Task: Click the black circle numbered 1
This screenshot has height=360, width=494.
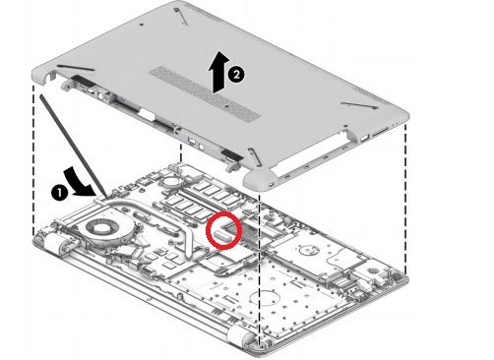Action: coord(59,193)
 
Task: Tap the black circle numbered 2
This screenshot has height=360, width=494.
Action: coord(236,75)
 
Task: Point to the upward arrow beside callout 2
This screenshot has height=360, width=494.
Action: coord(219,73)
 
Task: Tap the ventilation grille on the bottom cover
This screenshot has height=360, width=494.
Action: coord(205,91)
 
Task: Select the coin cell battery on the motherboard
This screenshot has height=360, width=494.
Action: coord(171,180)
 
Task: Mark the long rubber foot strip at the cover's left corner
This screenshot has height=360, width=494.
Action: coord(75,68)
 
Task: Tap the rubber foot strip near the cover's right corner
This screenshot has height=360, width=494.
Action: coord(357,105)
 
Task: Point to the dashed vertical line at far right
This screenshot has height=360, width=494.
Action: coord(406,200)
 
